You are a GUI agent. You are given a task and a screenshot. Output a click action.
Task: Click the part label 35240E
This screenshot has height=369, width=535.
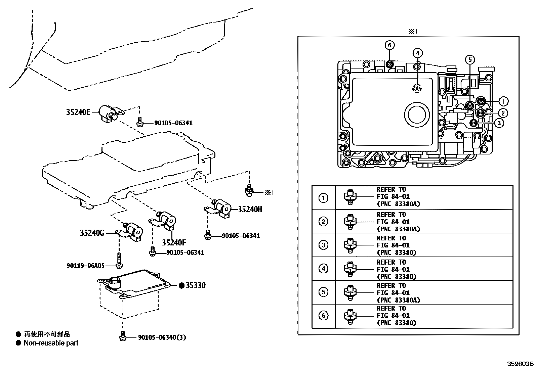[78, 112]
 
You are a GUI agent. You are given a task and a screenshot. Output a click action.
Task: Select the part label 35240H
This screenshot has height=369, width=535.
[250, 209]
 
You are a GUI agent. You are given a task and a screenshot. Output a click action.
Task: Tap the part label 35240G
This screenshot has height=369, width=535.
[92, 233]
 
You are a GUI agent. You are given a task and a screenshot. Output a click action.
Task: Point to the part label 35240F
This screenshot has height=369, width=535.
[174, 242]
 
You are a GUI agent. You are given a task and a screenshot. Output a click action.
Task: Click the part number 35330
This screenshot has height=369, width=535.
[196, 285]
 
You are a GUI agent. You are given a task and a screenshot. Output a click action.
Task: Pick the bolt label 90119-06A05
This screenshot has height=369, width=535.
[85, 266]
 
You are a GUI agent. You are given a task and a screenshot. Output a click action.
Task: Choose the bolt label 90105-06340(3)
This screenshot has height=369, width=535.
[162, 337]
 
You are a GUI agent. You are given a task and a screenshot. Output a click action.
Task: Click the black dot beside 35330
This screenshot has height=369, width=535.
[182, 285]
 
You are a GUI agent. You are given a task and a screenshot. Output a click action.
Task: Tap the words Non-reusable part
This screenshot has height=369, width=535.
[51, 343]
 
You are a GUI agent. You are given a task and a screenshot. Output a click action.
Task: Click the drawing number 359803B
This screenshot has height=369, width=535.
[520, 364]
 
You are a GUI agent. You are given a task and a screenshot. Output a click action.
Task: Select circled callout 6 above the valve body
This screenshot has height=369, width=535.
[389, 45]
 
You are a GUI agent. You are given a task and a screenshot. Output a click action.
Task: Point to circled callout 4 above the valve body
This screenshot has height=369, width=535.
[417, 53]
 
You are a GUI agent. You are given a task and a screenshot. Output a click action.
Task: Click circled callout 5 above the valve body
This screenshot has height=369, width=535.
[470, 60]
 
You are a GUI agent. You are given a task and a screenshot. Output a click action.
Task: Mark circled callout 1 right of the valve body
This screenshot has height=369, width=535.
[503, 101]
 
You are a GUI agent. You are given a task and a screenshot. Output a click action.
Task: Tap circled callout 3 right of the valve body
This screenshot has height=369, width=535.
[499, 123]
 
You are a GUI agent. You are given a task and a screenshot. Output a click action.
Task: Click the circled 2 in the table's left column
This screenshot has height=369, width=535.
[323, 222]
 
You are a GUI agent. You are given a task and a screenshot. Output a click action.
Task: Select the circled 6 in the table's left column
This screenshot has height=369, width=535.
[323, 316]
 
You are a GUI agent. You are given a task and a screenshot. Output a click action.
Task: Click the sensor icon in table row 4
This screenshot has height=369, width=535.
[350, 269]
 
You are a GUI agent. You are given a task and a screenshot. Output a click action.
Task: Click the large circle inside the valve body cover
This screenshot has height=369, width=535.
[417, 114]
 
